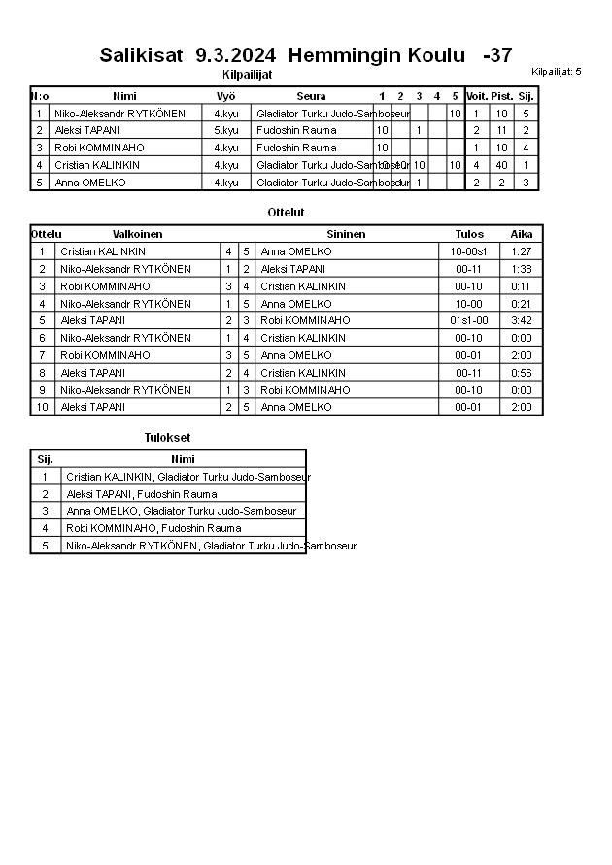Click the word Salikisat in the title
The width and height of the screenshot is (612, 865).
[142, 55]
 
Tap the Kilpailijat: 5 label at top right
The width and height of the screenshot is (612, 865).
[557, 72]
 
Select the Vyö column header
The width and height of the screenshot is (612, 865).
[225, 96]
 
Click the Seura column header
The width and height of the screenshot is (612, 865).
[311, 96]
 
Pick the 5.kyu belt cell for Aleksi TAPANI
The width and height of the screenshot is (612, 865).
[225, 130]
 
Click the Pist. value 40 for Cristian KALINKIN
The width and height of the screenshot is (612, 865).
[501, 165]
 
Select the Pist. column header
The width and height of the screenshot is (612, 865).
[501, 96]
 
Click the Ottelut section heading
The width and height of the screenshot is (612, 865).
[286, 212]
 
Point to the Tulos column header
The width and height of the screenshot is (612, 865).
[469, 234]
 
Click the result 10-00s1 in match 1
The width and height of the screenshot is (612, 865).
[469, 251]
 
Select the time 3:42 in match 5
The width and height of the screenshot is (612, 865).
[522, 320]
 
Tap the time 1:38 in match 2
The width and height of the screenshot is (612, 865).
[522, 269]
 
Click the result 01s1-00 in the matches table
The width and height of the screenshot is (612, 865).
[469, 320]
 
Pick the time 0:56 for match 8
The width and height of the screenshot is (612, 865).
[522, 373]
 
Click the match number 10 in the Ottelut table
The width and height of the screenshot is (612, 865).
[42, 407]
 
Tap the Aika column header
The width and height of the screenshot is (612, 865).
[522, 234]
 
